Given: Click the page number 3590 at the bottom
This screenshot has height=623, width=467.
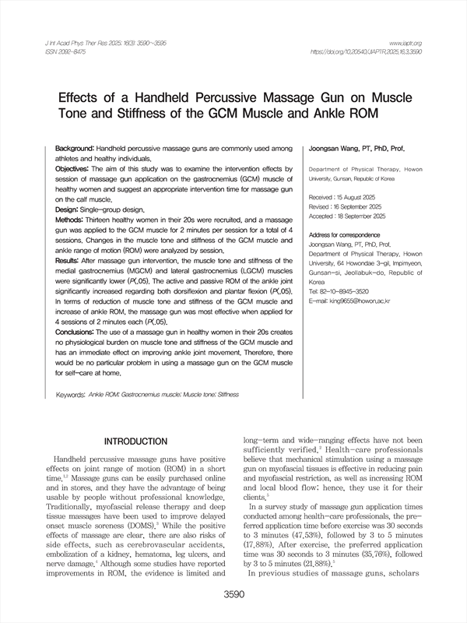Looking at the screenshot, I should click(233, 595).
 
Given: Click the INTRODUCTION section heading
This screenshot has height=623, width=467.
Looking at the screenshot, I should click(135, 442).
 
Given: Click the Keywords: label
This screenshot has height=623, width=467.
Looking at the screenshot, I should click(71, 395).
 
